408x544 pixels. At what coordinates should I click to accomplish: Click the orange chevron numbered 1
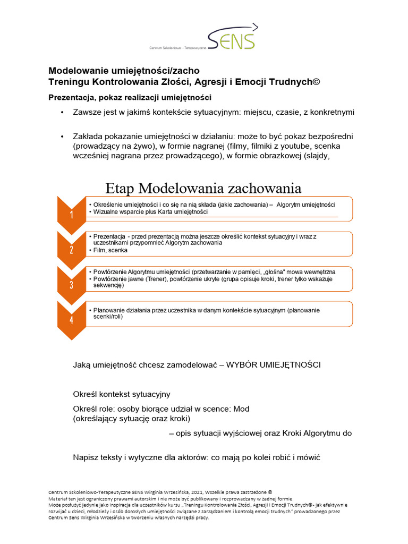point(71,214)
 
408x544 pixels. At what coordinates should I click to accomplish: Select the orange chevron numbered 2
point(71,250)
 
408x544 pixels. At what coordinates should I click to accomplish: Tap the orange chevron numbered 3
point(71,284)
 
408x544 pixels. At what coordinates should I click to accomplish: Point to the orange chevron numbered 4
point(71,319)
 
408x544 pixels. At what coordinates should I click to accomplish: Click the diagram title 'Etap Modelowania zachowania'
point(203,188)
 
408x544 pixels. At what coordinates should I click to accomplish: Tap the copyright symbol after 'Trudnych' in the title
point(317,81)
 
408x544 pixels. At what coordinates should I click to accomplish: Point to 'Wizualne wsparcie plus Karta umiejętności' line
point(150,212)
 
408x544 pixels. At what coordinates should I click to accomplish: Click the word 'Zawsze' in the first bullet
point(87,113)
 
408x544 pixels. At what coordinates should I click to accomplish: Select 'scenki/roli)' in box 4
point(108,316)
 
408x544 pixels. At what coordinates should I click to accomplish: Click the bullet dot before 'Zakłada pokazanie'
point(62,137)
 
